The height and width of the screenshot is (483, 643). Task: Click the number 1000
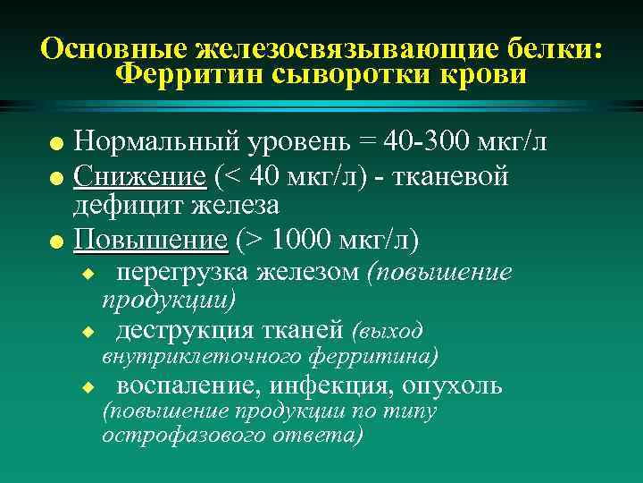[303, 241]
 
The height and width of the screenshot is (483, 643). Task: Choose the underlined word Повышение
[150, 241]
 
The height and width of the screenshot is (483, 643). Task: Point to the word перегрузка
[179, 273]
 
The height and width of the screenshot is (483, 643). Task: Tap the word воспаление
[187, 386]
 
